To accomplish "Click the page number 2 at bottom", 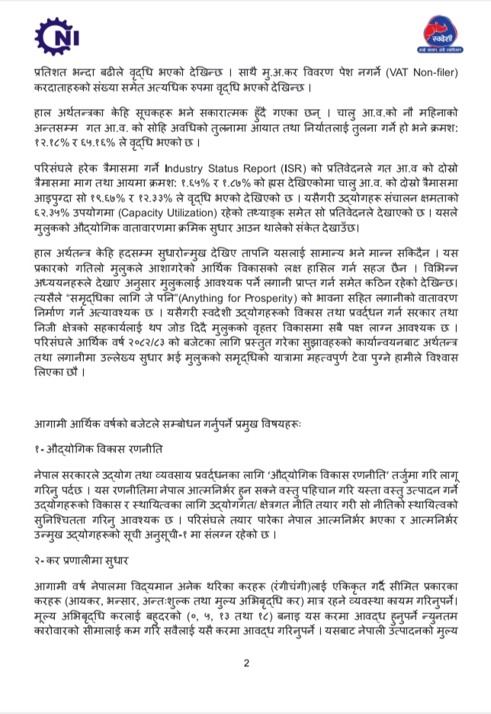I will [246, 663].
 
